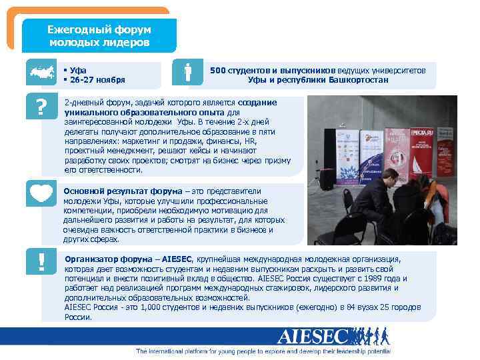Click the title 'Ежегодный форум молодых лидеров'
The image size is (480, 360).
coord(99,36)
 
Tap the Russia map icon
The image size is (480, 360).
coord(42,74)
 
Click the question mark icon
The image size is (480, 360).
coord(42,108)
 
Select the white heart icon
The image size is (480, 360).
coord(42,193)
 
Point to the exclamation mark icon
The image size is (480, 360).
coord(42,263)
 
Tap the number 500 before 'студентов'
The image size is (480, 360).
coord(218,70)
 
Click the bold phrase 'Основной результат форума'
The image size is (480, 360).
coord(113,191)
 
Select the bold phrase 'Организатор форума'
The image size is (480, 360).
coord(109,259)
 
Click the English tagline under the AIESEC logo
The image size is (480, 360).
coord(263,351)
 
